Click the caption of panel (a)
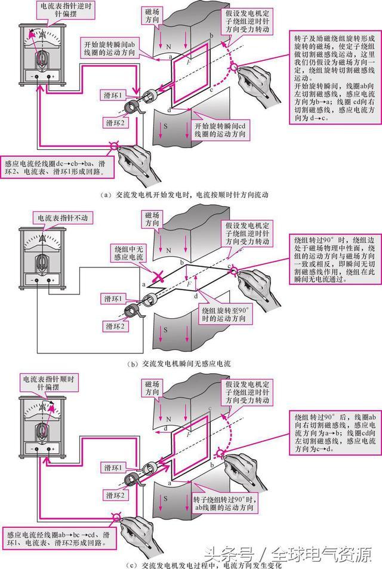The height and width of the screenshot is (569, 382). (190, 195)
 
